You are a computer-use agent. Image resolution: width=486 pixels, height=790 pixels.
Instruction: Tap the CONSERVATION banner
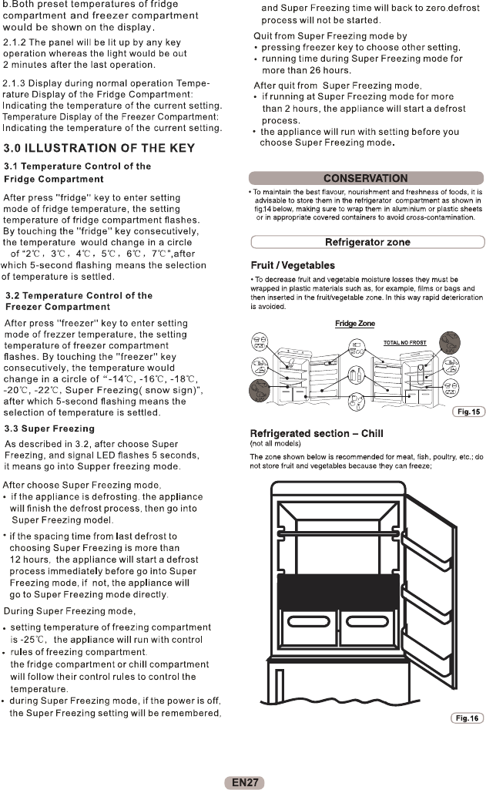click(366, 178)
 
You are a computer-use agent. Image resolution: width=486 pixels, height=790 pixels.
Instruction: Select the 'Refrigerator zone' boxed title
click(367, 242)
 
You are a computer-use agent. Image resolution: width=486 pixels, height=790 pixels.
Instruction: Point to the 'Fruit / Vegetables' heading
click(287, 265)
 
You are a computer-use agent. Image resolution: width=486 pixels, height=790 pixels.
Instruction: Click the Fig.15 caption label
click(468, 412)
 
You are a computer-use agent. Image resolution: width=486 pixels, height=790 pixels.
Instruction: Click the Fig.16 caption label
click(467, 718)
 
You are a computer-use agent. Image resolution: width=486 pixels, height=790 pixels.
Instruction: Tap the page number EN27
click(243, 782)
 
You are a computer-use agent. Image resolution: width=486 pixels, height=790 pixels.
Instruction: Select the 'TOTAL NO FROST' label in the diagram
click(404, 342)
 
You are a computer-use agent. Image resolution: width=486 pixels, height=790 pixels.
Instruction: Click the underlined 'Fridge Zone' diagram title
click(355, 324)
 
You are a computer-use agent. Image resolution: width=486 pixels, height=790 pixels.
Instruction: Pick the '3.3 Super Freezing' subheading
click(49, 429)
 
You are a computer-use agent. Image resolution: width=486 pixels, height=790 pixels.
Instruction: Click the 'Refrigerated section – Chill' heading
click(317, 433)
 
